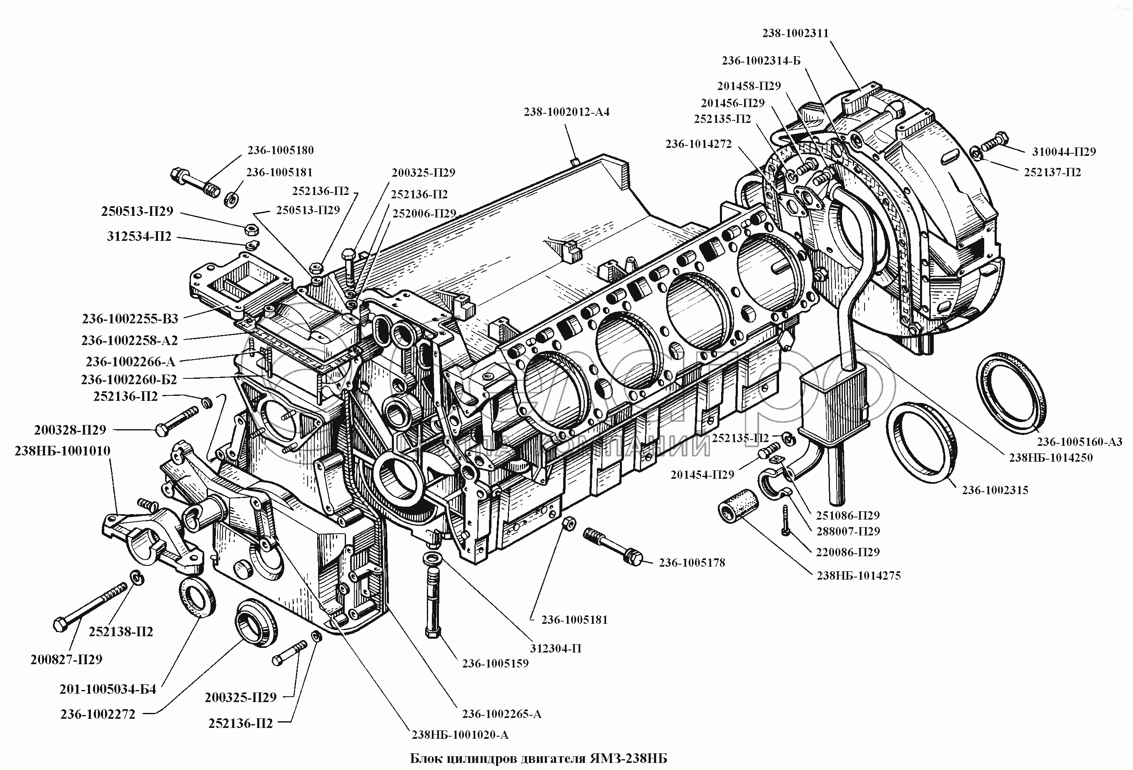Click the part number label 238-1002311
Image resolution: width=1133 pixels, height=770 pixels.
tap(796, 33)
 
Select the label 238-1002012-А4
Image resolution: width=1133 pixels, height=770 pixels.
tap(566, 112)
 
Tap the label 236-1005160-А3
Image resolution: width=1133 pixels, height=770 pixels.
tap(1079, 442)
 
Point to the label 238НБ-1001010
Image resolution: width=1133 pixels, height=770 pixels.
tap(63, 451)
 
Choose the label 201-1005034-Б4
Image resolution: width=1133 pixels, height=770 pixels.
tap(108, 689)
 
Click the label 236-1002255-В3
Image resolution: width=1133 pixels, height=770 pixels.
tap(130, 319)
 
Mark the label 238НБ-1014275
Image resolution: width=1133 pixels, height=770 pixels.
tap(859, 575)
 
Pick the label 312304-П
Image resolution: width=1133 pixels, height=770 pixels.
tap(555, 649)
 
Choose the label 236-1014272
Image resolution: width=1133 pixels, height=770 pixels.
tap(699, 144)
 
